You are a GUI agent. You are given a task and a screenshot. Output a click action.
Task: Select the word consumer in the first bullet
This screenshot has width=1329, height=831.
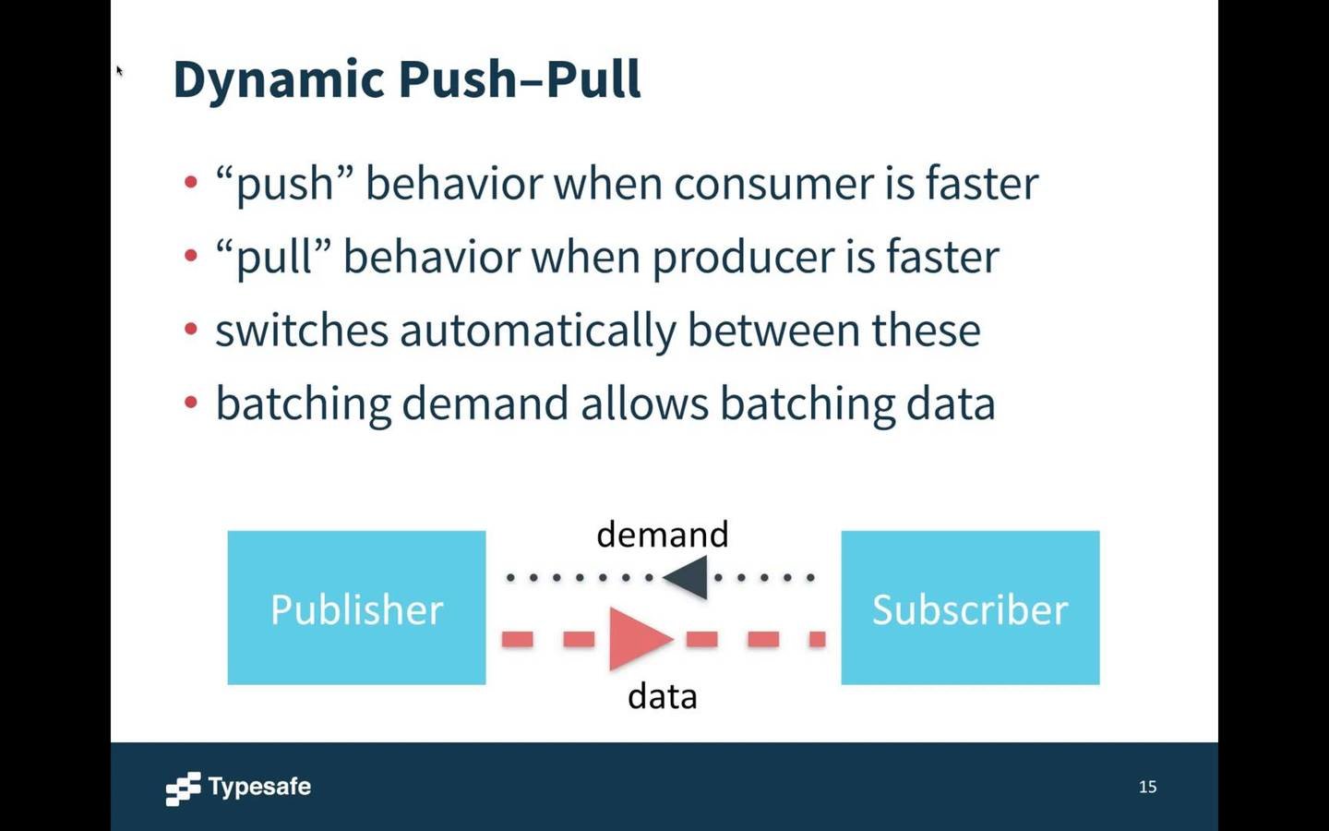click(773, 183)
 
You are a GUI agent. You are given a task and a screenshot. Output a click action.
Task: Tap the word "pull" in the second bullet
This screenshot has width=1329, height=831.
click(273, 257)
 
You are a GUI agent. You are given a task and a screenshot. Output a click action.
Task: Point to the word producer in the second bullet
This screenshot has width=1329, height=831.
click(743, 257)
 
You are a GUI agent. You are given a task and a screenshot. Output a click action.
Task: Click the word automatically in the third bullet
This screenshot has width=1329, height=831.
click(537, 331)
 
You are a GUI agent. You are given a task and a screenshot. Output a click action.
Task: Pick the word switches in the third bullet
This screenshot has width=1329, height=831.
click(301, 331)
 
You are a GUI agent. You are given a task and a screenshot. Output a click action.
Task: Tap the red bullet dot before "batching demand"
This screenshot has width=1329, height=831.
click(191, 403)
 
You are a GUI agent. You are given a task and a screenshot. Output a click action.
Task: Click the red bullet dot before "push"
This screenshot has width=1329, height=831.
click(191, 182)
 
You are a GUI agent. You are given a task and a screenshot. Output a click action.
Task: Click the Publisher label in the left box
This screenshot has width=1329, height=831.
click(356, 609)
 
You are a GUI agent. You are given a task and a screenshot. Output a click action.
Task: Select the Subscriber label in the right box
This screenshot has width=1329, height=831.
click(970, 609)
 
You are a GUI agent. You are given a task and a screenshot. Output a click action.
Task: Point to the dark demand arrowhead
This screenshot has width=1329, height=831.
click(687, 578)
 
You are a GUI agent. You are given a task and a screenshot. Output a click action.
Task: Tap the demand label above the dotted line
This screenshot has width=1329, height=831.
click(662, 535)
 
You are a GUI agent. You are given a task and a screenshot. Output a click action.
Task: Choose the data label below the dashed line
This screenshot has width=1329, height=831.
click(662, 696)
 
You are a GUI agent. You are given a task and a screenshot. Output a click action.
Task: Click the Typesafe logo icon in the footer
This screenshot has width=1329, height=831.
click(183, 789)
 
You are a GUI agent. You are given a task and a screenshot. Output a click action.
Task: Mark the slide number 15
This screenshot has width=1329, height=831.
click(1147, 787)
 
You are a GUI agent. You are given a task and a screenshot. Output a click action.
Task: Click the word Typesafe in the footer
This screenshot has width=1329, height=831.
click(259, 787)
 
